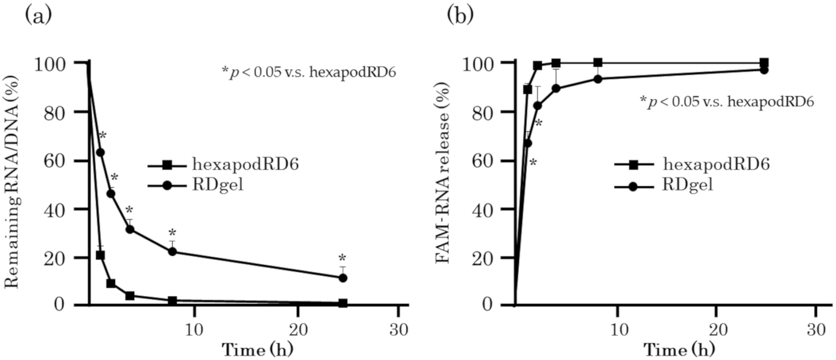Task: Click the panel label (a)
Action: (x=38, y=16)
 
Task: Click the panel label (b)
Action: (x=460, y=16)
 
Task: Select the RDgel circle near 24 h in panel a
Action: (x=343, y=278)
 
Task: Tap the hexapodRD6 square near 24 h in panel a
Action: (x=343, y=303)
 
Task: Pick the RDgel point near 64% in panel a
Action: (x=101, y=152)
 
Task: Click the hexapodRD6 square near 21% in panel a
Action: (x=100, y=255)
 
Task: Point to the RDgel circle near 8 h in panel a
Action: (x=172, y=251)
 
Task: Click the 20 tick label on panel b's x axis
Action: (x=716, y=330)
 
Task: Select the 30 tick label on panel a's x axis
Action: (x=398, y=330)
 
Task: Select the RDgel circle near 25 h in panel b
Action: (x=764, y=70)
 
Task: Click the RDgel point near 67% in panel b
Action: (x=528, y=143)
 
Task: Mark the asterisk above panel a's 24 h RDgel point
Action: (x=342, y=258)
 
